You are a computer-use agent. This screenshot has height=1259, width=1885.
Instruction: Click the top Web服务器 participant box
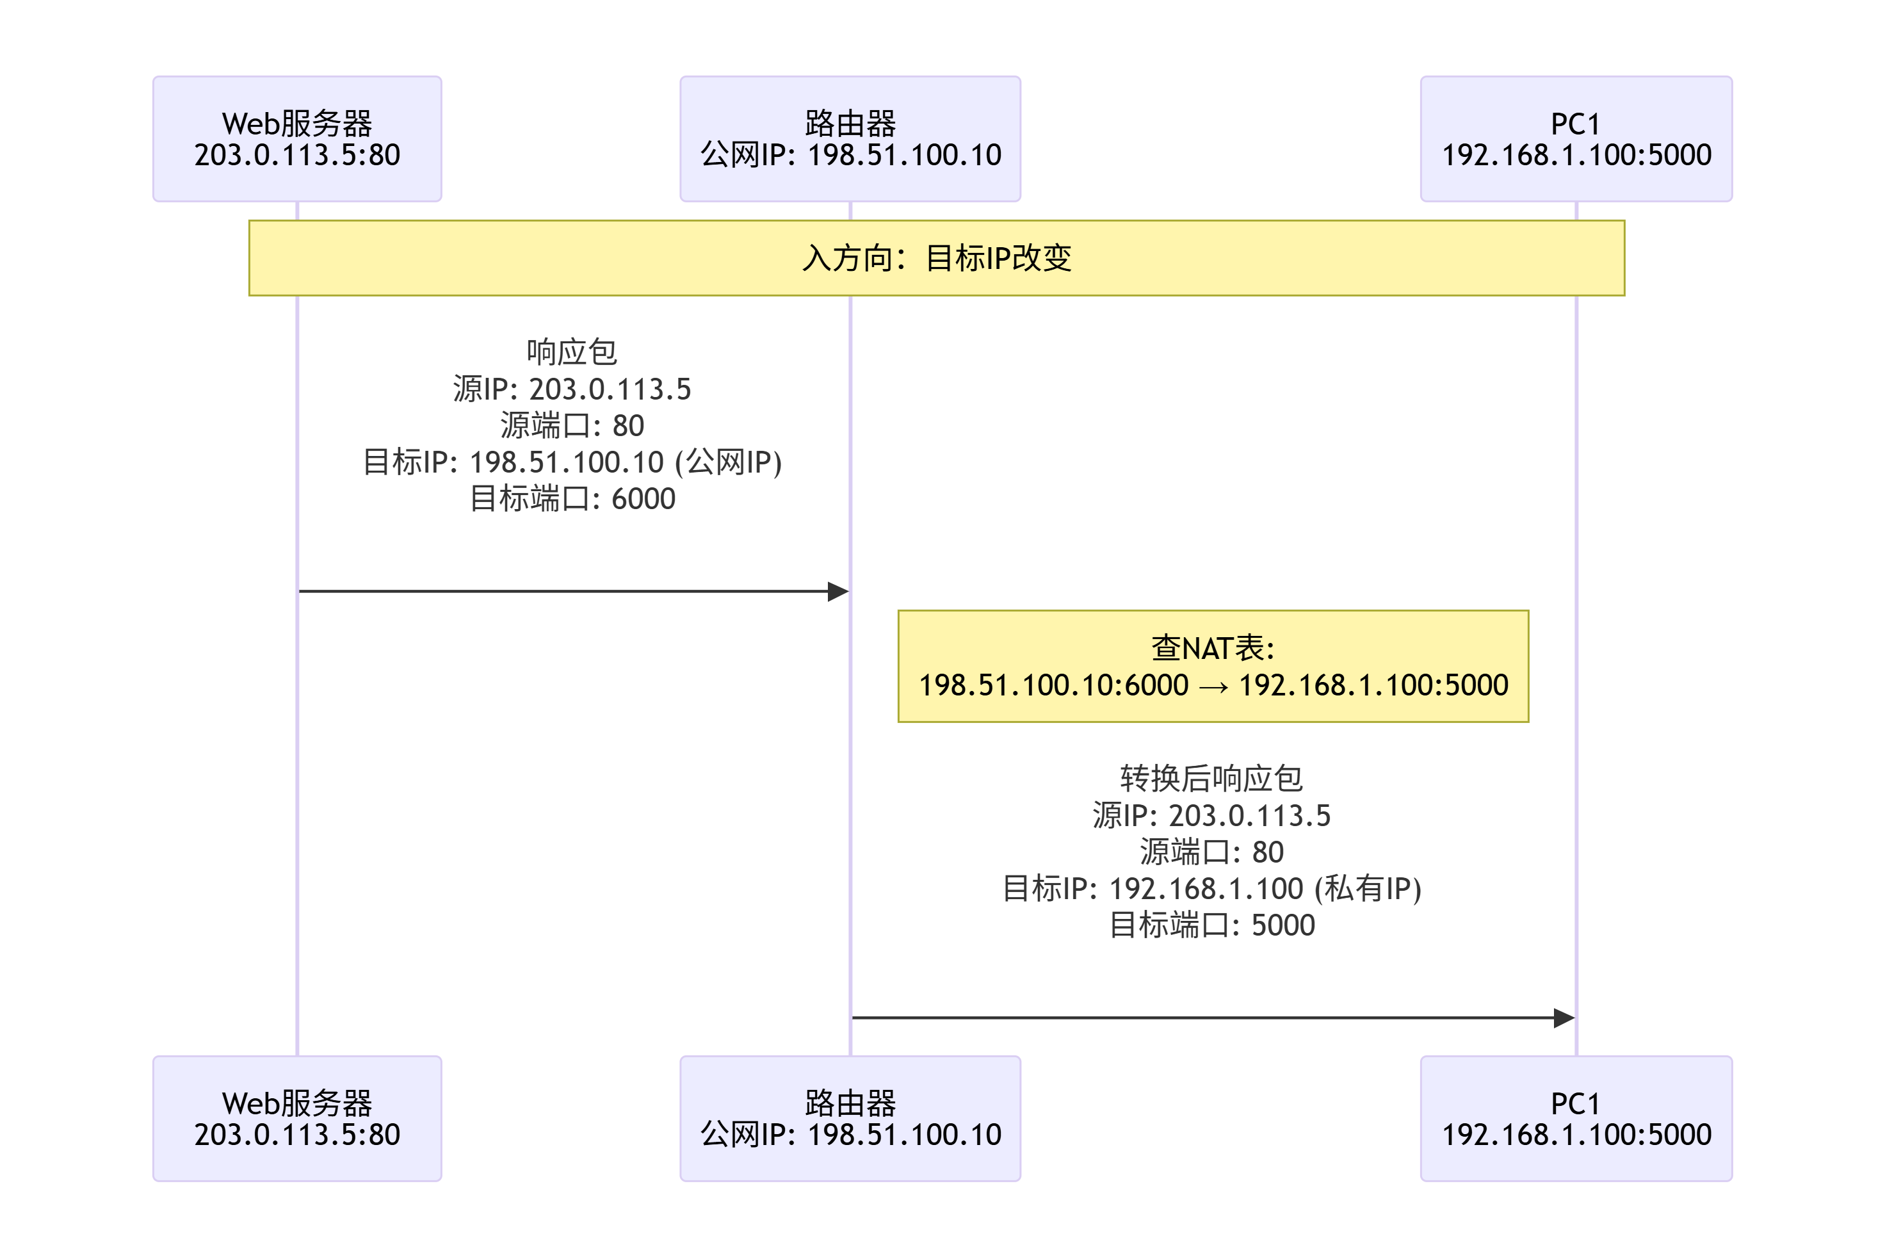click(297, 139)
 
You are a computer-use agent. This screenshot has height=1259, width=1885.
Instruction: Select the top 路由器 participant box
click(850, 139)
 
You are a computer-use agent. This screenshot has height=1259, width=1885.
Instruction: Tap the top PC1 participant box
click(1575, 139)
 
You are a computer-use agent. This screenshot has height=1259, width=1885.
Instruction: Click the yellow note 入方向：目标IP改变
click(936, 257)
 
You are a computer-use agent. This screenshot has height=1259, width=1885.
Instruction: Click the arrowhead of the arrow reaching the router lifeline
click(838, 592)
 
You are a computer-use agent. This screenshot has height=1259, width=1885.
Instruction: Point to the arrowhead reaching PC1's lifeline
click(1564, 1018)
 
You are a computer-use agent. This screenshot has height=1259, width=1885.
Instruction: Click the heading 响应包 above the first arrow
click(572, 352)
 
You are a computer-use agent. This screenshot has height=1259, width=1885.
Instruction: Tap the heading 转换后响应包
click(1211, 778)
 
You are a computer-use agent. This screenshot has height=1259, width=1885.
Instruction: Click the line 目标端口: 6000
click(572, 499)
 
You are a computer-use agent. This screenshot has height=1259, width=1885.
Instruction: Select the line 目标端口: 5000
click(1211, 925)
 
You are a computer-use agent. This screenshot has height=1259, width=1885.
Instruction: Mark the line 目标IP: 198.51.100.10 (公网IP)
click(572, 462)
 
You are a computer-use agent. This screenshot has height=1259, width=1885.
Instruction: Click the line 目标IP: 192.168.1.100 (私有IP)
click(1211, 889)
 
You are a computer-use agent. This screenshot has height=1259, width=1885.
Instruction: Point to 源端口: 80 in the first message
click(572, 426)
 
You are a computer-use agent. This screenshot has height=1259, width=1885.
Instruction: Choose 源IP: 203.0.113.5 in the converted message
click(1211, 815)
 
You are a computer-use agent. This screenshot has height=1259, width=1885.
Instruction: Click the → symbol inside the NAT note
click(1213, 686)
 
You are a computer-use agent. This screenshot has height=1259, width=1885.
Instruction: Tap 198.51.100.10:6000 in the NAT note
click(1053, 685)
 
